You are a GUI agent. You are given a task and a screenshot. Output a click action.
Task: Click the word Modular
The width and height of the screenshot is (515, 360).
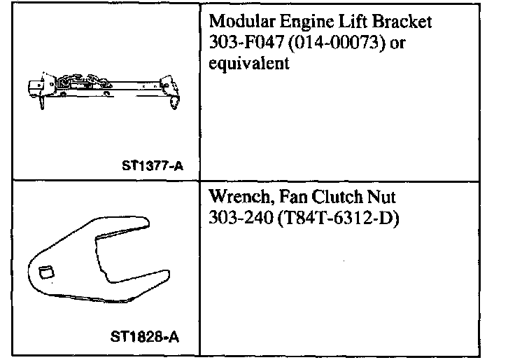point(238,22)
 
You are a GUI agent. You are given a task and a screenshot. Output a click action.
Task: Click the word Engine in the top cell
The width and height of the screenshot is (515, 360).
point(297,22)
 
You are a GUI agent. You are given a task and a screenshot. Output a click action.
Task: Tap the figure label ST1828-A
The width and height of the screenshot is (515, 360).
point(145,335)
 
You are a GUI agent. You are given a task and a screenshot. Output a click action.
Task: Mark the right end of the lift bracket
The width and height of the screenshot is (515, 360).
point(173,88)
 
